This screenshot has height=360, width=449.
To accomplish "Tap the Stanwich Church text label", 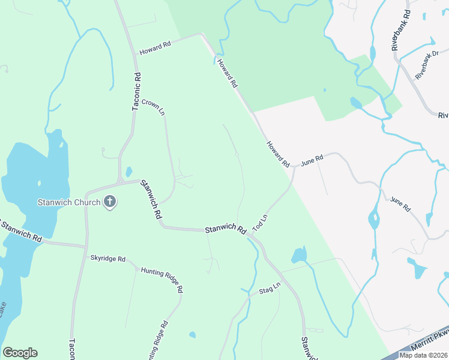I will pos(70,202).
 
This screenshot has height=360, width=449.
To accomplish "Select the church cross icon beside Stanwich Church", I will pos(109,202).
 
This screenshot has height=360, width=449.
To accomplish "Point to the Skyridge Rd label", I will pos(107,259).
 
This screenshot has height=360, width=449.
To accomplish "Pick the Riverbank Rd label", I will pos(400,30).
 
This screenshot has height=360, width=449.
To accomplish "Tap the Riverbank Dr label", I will pos(428,68).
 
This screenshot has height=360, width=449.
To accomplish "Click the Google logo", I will pos(20,353).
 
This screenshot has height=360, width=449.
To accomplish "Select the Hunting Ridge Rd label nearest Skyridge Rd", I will pos(162,280).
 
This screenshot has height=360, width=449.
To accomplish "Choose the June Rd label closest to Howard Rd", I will pos(312,160).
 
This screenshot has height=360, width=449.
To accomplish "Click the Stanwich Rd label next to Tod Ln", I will pos(226,230).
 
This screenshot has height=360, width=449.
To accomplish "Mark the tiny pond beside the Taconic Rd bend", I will pos(128,172).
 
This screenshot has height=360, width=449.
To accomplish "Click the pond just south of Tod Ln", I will pos(299,255).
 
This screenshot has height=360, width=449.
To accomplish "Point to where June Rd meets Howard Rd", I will pos(294,167).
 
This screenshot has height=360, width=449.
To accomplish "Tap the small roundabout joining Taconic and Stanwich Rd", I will pos(120,181).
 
